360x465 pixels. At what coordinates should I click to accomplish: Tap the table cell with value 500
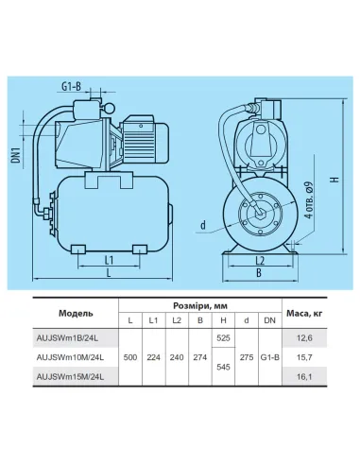129,355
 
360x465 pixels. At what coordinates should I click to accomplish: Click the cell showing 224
153,355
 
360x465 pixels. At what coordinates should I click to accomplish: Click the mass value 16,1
304,376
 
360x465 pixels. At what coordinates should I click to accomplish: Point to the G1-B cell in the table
269,355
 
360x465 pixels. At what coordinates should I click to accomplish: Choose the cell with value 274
199,355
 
